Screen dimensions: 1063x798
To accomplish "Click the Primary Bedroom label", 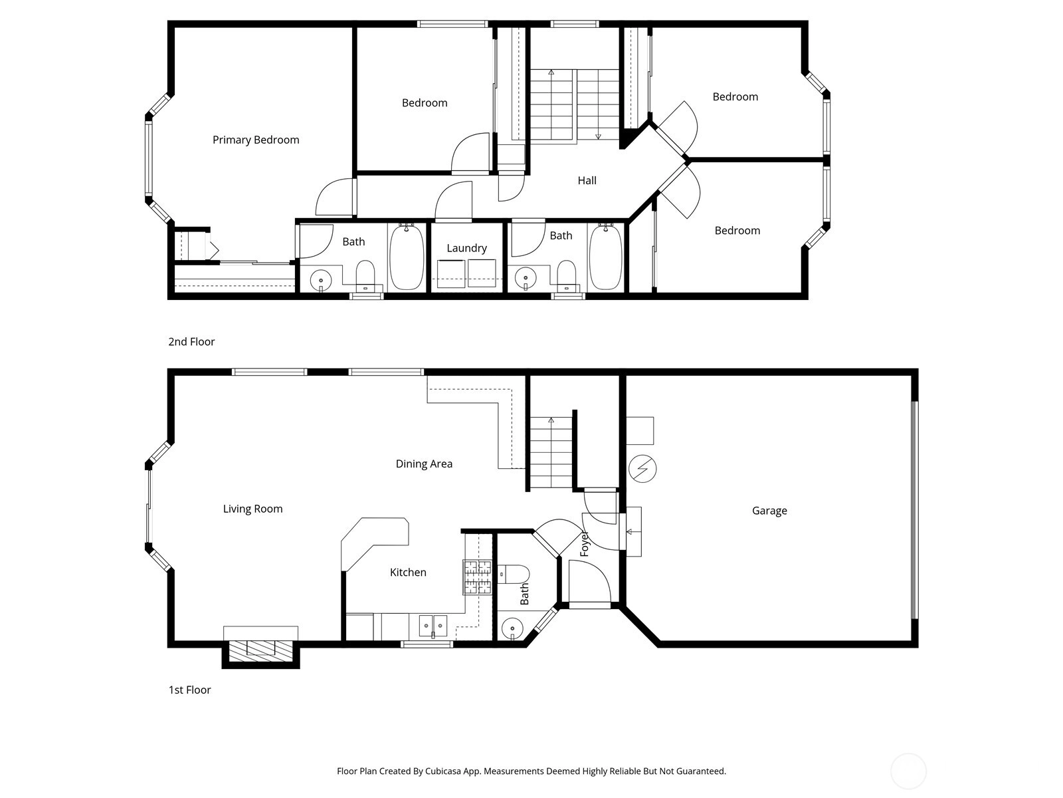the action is click(256, 140).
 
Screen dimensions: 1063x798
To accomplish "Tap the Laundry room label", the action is click(466, 248).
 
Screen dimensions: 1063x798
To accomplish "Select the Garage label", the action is click(769, 511).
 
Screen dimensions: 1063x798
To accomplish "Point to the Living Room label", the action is click(252, 509).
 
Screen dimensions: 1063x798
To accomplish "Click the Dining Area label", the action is click(424, 464).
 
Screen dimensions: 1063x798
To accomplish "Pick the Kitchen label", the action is click(408, 572).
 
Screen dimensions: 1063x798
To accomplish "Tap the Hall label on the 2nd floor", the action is click(587, 181).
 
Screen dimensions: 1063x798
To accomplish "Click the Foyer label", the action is click(584, 544).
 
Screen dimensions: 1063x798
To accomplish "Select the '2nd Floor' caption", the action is click(191, 342).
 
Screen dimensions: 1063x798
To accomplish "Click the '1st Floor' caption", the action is click(189, 690).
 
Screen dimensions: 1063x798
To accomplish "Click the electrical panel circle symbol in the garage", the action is click(642, 469).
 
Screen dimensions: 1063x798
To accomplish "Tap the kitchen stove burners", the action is click(478, 577).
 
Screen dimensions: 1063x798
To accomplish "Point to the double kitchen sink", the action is click(433, 626).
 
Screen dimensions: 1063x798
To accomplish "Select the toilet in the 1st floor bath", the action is click(514, 574).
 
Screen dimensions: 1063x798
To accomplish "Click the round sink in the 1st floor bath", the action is click(512, 629).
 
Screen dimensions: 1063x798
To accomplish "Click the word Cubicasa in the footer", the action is click(443, 771).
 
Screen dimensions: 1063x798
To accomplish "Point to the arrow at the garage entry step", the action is click(630, 531).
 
